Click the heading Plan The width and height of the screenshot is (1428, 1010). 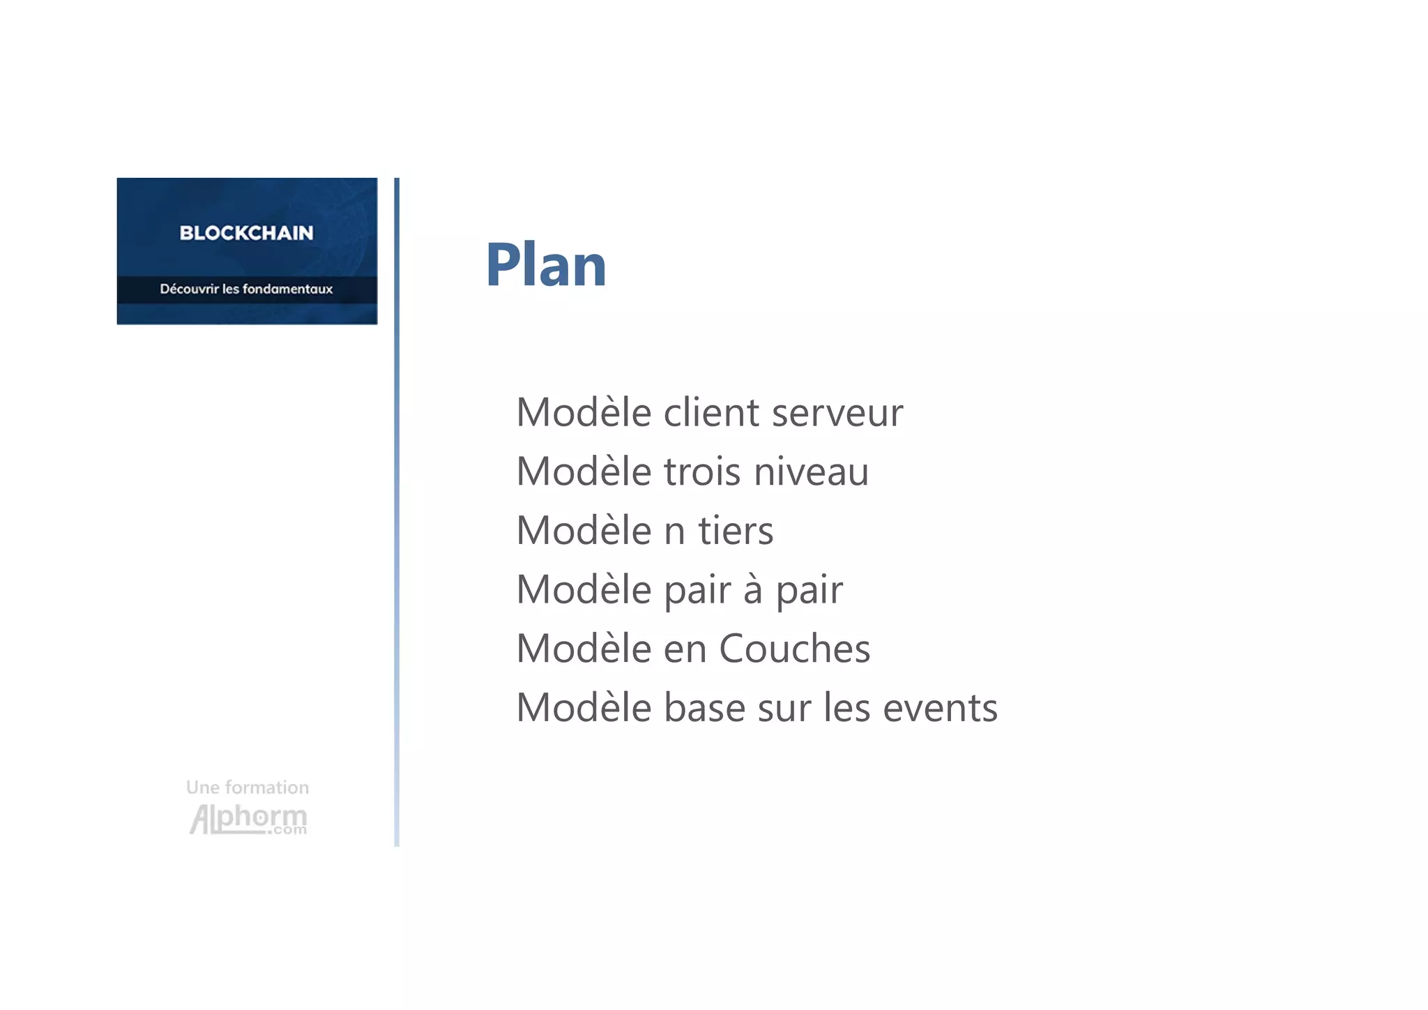(545, 265)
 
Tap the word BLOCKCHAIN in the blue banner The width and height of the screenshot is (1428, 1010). (246, 233)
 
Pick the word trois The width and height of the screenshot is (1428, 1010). (702, 472)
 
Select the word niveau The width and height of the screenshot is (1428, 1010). (812, 472)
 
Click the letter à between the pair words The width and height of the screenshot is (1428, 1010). (752, 590)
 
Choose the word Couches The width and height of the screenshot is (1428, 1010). (794, 649)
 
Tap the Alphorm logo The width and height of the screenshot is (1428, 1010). (248, 819)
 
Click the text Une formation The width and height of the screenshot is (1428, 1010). (248, 787)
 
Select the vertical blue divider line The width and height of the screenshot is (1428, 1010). (397, 512)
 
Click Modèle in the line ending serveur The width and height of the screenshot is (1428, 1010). (584, 413)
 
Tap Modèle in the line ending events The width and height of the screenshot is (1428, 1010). (584, 709)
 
